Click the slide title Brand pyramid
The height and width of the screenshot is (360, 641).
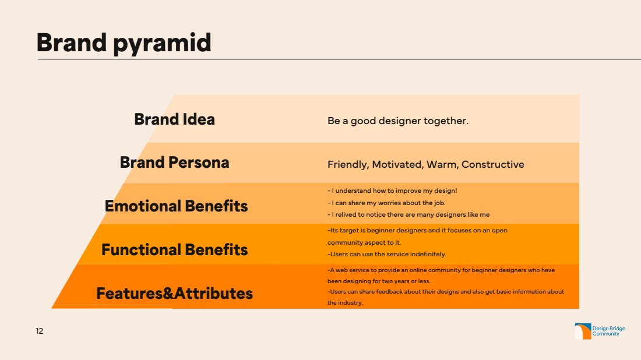click(x=124, y=43)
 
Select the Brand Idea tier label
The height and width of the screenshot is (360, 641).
click(x=175, y=119)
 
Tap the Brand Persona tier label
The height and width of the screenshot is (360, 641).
click(x=175, y=163)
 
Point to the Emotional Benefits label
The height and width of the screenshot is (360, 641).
click(x=176, y=206)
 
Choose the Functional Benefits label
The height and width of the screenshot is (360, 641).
click(x=175, y=250)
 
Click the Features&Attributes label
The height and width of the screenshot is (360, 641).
click(x=175, y=294)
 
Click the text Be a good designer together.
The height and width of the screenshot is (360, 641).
click(x=398, y=121)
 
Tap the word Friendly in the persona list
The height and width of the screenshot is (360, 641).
click(x=348, y=164)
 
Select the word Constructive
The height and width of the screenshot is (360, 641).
click(x=492, y=164)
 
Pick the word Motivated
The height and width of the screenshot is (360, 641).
click(x=397, y=164)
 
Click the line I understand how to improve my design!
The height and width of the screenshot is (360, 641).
click(x=392, y=191)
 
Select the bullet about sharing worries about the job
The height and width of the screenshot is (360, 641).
click(x=386, y=203)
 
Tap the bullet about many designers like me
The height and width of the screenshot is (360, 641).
click(x=408, y=214)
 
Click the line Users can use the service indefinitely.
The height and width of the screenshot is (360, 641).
click(x=387, y=254)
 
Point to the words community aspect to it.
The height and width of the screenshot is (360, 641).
click(x=364, y=242)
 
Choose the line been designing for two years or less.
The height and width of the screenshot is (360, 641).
click(x=379, y=281)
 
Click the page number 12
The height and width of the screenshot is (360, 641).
click(x=39, y=331)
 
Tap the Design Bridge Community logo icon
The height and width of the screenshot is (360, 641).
click(x=583, y=331)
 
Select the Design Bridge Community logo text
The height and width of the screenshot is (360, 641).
click(x=609, y=331)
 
